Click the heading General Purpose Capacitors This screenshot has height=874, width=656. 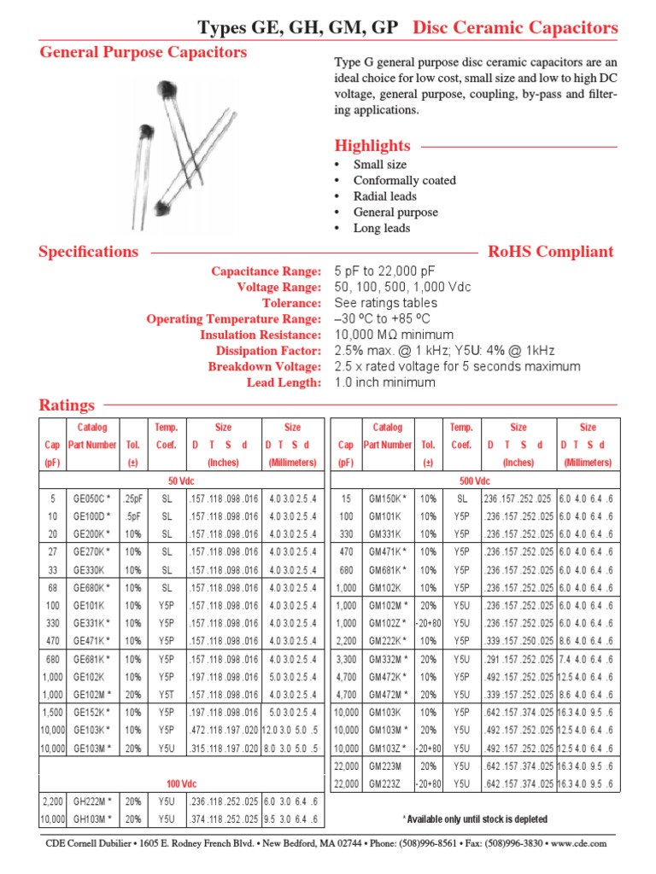[x=143, y=53]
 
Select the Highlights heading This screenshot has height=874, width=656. [x=372, y=146]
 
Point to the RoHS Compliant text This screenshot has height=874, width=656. [x=550, y=252]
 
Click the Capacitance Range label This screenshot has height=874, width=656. [x=266, y=271]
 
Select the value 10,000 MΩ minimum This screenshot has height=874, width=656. [x=394, y=335]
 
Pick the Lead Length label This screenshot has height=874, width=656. [x=284, y=383]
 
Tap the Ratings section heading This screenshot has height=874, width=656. [x=67, y=405]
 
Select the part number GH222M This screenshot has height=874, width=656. [x=92, y=802]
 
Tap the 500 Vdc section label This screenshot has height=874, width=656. [x=477, y=481]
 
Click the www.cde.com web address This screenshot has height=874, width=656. [x=579, y=843]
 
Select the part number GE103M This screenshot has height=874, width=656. [x=92, y=748]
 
